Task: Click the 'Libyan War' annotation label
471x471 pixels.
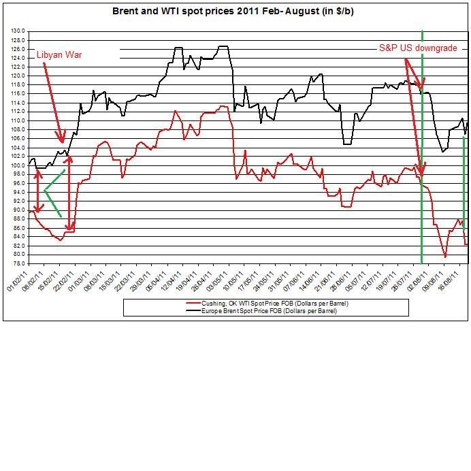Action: pos(59,54)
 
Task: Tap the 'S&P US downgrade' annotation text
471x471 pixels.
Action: pos(418,48)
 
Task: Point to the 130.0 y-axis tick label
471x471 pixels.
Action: pos(18,31)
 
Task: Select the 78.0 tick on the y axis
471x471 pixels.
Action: pos(18,263)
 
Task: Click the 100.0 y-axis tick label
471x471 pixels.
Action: pos(18,165)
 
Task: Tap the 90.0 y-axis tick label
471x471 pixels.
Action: pos(18,210)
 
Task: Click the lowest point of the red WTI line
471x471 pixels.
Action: pos(445,257)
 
